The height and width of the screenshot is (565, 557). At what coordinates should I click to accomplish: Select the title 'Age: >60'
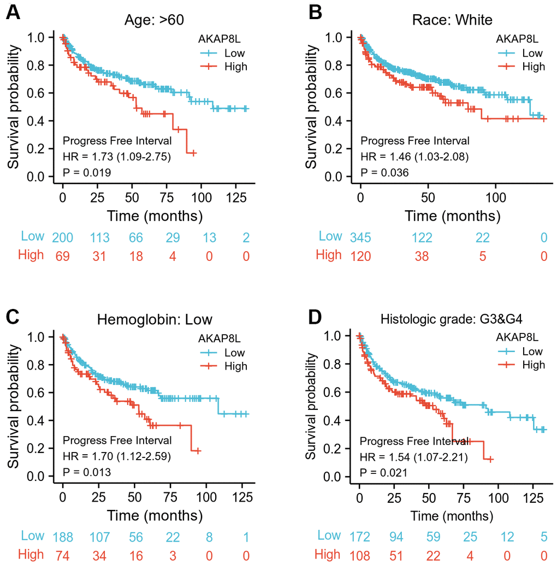click(153, 20)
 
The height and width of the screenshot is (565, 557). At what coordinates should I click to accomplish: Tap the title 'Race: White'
click(452, 20)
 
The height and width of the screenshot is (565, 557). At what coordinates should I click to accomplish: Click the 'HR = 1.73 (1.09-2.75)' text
click(117, 157)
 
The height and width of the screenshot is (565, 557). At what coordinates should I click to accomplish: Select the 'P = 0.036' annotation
click(384, 173)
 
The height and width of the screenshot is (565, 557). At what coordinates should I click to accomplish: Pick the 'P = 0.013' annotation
click(87, 472)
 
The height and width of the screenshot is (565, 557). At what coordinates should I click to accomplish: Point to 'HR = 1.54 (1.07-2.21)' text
click(414, 457)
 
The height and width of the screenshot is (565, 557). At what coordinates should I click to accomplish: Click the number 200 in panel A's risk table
click(63, 237)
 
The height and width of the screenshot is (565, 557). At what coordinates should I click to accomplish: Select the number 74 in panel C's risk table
click(63, 555)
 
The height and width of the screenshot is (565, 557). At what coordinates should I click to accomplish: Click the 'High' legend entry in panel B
click(533, 67)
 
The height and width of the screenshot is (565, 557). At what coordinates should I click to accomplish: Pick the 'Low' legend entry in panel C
click(235, 352)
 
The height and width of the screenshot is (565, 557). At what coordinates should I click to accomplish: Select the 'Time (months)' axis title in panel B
click(452, 216)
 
